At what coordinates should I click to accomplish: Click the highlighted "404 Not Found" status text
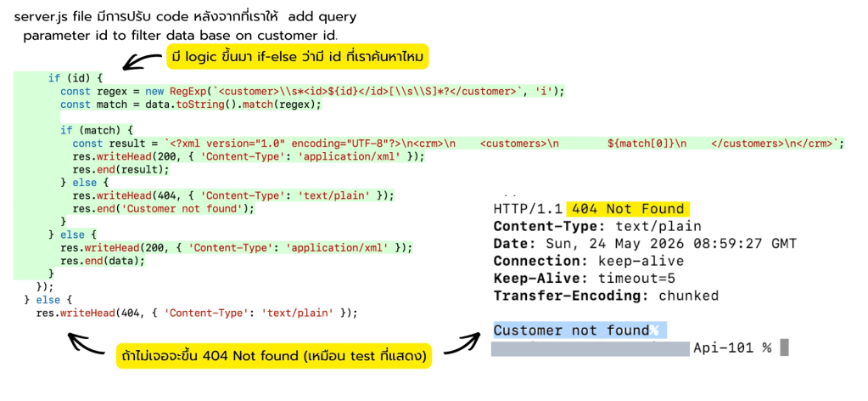tap(628, 209)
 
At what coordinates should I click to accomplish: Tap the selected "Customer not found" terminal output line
tap(571, 330)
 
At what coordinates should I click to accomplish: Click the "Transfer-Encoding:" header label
tap(571, 296)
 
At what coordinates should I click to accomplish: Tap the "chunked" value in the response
tap(689, 296)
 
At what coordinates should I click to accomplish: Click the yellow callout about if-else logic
tap(298, 57)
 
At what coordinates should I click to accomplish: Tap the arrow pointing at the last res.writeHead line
tap(86, 344)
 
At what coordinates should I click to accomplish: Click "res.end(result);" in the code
tap(120, 170)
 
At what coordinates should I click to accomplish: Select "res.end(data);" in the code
tap(103, 261)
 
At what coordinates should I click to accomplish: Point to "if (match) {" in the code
tap(97, 131)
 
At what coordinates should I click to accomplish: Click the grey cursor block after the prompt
tap(783, 347)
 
